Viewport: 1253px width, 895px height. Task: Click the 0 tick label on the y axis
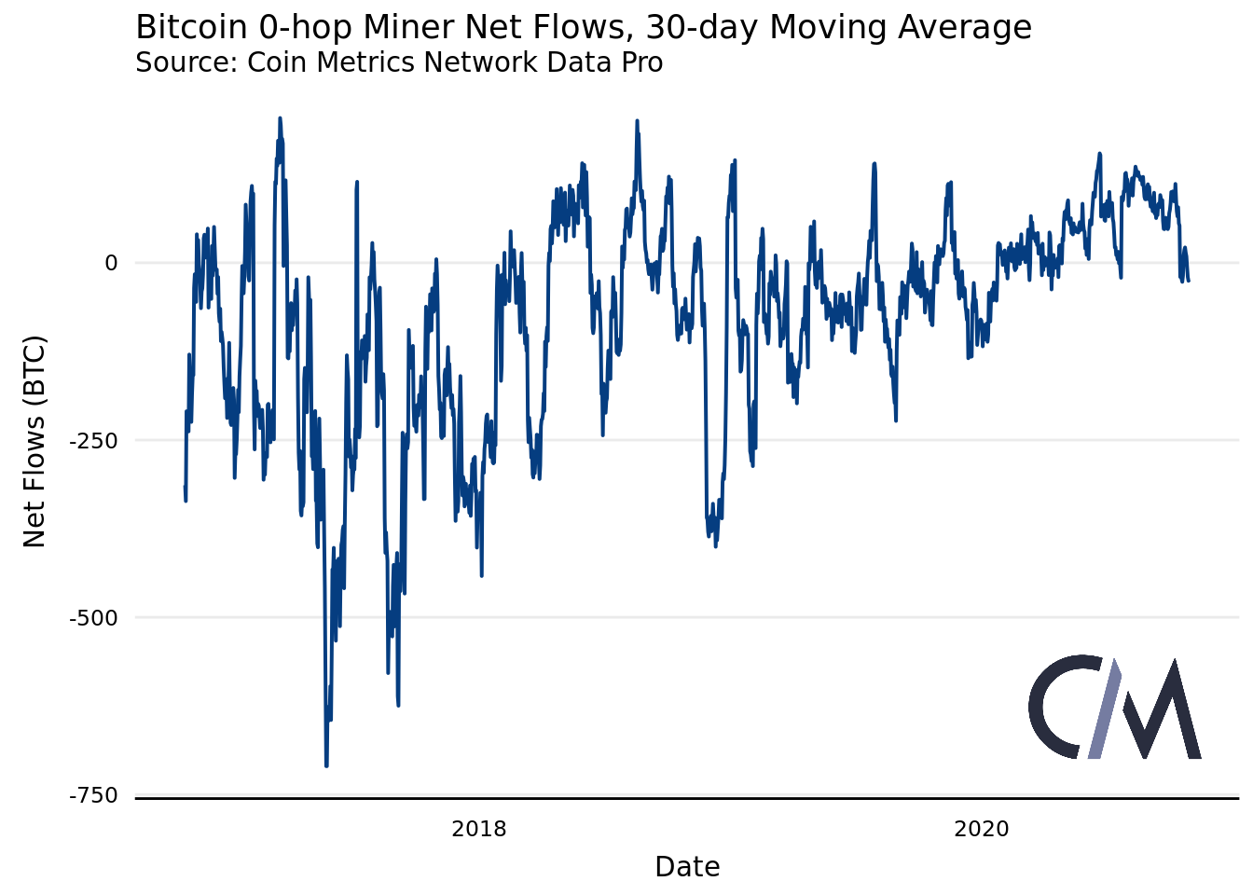pos(112,263)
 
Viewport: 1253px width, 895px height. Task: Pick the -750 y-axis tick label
pos(94,795)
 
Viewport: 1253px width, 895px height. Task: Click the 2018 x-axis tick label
pos(479,829)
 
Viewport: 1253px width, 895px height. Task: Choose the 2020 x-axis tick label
pos(982,829)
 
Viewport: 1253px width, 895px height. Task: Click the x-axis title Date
pos(687,867)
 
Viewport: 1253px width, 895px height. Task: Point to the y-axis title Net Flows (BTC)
pos(34,441)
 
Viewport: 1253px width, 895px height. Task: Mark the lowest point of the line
pos(326,765)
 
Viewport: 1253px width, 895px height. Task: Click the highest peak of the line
pos(280,118)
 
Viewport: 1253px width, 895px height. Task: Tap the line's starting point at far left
pos(185,487)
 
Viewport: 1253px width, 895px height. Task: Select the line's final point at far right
pos(1189,280)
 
